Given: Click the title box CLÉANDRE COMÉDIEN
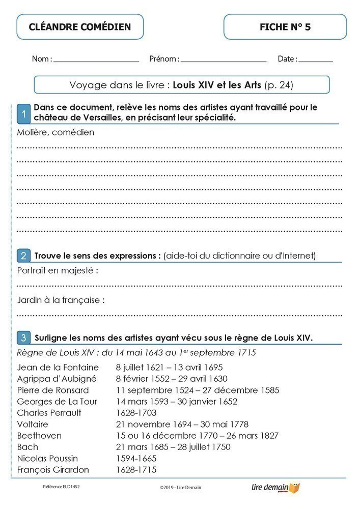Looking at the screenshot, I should click(x=80, y=27).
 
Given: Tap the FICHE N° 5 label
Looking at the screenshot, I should click(x=285, y=27).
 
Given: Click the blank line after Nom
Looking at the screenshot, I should click(x=96, y=61).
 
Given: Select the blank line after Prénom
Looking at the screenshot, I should click(x=224, y=61).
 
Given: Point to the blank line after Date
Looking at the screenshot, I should click(x=316, y=61).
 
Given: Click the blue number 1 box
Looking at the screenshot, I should click(x=23, y=114).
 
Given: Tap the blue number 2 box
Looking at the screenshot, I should click(x=23, y=255).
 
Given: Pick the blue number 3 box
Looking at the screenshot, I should click(x=23, y=337).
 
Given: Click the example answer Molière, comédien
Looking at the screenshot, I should click(x=56, y=132).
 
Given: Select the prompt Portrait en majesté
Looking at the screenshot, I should click(x=58, y=271).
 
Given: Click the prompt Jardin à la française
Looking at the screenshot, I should click(x=61, y=300).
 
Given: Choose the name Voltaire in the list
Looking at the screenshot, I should click(x=33, y=424).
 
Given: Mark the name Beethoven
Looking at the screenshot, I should click(x=39, y=436).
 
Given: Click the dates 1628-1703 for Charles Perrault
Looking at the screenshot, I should click(x=136, y=413).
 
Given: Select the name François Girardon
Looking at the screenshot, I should click(x=53, y=470).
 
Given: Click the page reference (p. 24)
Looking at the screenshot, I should click(x=279, y=85).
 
